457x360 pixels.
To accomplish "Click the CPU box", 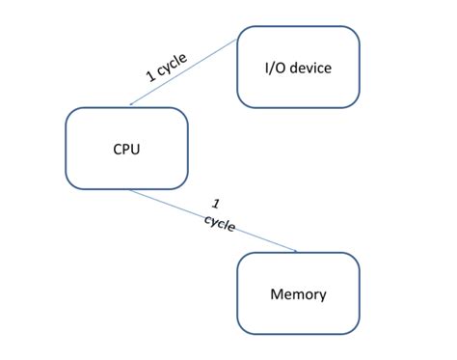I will (x=126, y=148).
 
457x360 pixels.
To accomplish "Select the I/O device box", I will (x=298, y=67).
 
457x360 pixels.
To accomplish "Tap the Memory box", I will (x=298, y=293).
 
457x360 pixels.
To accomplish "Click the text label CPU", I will (x=126, y=149).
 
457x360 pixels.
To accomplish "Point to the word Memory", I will (x=298, y=294).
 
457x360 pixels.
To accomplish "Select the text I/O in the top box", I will (x=275, y=68).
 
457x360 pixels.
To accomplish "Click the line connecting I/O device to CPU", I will (x=183, y=73).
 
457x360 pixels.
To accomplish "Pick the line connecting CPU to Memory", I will (x=212, y=220).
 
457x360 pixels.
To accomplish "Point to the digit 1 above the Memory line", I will (x=216, y=205).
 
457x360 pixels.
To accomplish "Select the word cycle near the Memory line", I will (x=219, y=222).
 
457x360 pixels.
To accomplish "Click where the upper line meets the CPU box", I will (x=129, y=107).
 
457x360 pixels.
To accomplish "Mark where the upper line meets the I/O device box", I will (x=237, y=41).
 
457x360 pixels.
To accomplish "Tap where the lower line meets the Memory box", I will (x=297, y=252).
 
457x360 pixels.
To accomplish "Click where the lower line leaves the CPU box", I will (x=129, y=190).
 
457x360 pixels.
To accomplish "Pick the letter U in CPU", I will (x=136, y=149).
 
